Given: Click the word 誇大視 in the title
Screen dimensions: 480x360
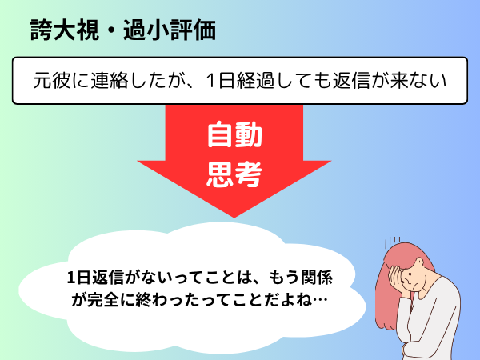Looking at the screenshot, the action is [65, 30].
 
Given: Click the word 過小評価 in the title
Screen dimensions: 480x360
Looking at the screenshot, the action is [170, 30].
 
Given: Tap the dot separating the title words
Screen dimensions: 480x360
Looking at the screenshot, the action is [112, 31].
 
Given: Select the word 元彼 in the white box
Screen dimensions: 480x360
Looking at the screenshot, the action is [52, 81].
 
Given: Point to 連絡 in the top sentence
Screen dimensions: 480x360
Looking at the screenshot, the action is [110, 81].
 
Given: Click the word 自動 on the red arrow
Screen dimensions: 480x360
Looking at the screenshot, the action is [234, 134].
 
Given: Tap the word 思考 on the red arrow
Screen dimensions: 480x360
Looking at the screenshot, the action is [234, 174].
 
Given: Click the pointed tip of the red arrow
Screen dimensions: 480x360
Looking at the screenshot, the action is [234, 217].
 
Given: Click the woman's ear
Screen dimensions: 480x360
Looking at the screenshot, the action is [418, 263].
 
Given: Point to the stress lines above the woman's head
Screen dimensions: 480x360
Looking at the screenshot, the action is [393, 242].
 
